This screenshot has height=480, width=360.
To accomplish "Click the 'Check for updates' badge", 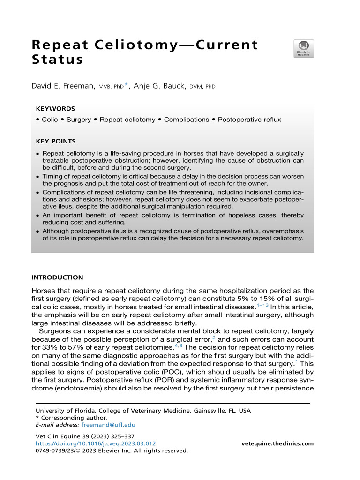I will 304,49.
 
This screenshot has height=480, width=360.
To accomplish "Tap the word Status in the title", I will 57,60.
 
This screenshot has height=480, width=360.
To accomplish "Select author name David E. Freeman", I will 63,86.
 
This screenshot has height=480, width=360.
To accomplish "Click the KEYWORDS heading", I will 55,108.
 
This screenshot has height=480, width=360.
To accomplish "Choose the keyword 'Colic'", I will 50,120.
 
